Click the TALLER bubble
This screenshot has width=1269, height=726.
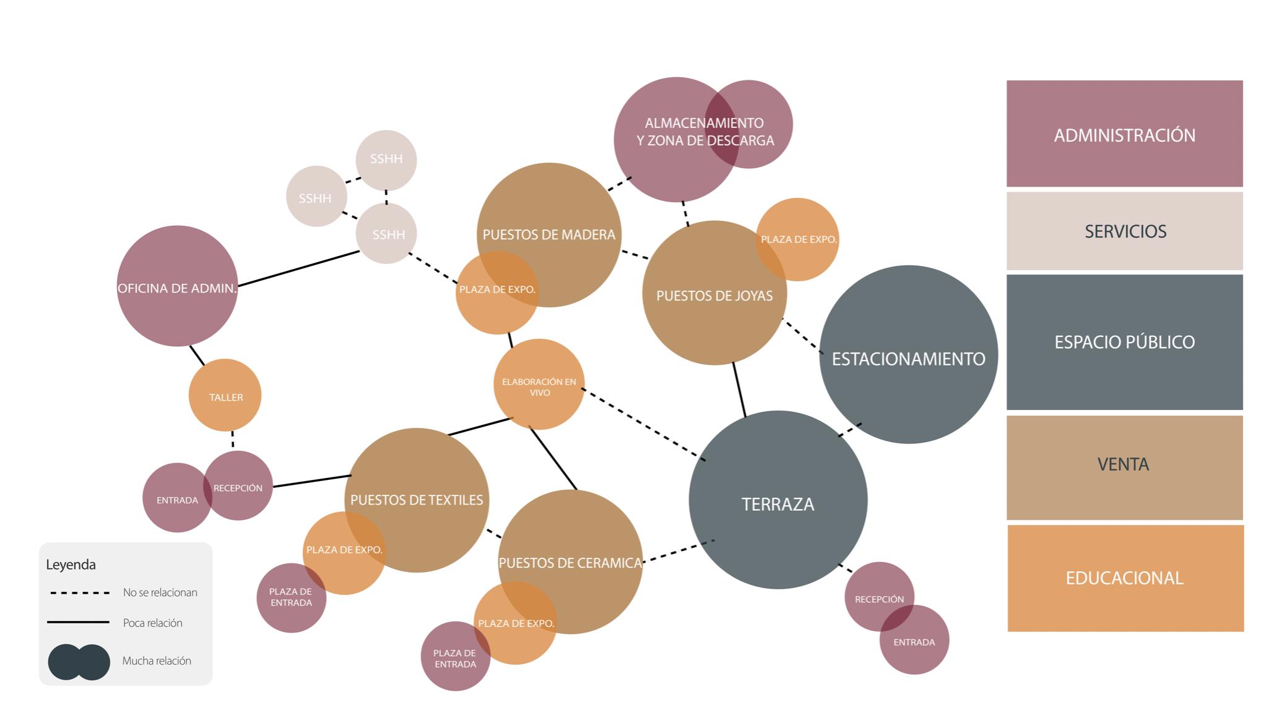point(225,395)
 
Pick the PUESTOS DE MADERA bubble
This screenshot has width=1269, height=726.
point(548,234)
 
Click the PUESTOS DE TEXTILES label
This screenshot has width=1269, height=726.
point(417,500)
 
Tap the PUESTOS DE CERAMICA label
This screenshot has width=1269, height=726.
point(570,563)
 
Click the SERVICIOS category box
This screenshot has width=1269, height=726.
point(1124,231)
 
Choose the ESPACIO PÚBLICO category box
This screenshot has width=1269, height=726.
point(1124,341)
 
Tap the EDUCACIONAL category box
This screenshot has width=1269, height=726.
point(1125,578)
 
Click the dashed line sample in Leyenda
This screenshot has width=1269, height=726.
point(79,592)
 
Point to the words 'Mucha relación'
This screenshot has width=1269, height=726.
point(157,660)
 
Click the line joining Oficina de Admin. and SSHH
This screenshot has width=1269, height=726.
point(298,268)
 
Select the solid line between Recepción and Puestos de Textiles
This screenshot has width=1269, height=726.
point(311,480)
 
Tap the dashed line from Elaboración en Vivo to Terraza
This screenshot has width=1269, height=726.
point(644,424)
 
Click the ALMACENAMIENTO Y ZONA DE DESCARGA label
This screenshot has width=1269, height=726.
point(704,132)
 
